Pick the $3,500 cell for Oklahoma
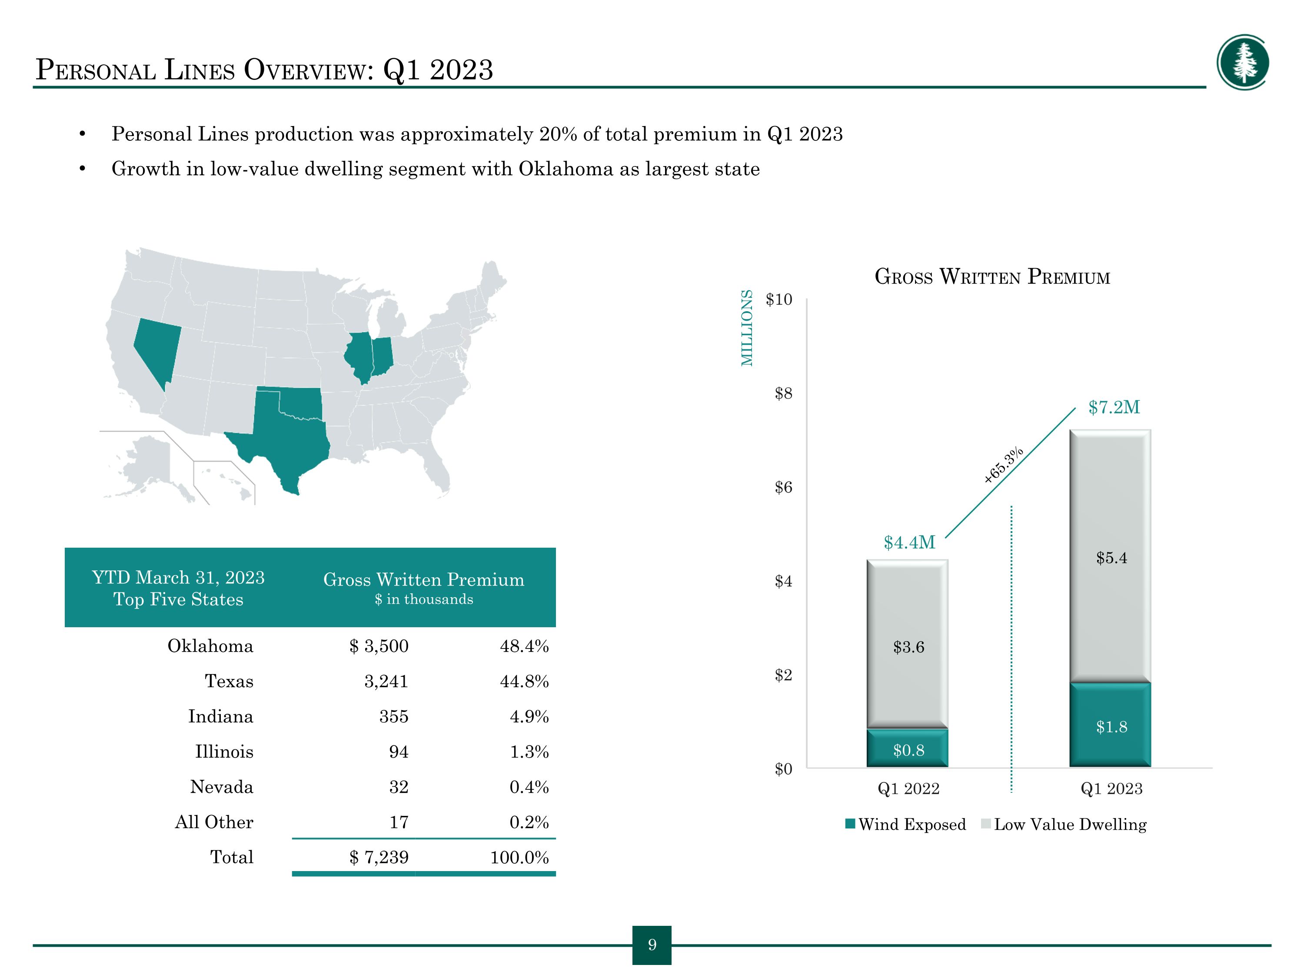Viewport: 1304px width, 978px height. pyautogui.click(x=379, y=646)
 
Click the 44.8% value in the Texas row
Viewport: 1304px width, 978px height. pyautogui.click(x=524, y=682)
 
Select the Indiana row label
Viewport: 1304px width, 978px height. pyautogui.click(x=220, y=716)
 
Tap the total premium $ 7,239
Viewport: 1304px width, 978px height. pyautogui.click(x=379, y=857)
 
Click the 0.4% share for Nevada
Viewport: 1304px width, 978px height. pyautogui.click(x=529, y=787)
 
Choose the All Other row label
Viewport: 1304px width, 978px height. pyautogui.click(x=214, y=822)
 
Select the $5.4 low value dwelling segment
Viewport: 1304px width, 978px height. pyautogui.click(x=1110, y=556)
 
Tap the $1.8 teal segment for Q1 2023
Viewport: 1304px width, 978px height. pyautogui.click(x=1110, y=725)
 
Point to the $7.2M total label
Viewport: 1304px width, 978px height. pyautogui.click(x=1114, y=407)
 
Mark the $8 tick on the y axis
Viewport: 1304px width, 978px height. pyautogui.click(x=783, y=393)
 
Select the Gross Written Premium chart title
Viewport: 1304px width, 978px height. pyautogui.click(x=992, y=276)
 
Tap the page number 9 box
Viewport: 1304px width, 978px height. pyautogui.click(x=652, y=945)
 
